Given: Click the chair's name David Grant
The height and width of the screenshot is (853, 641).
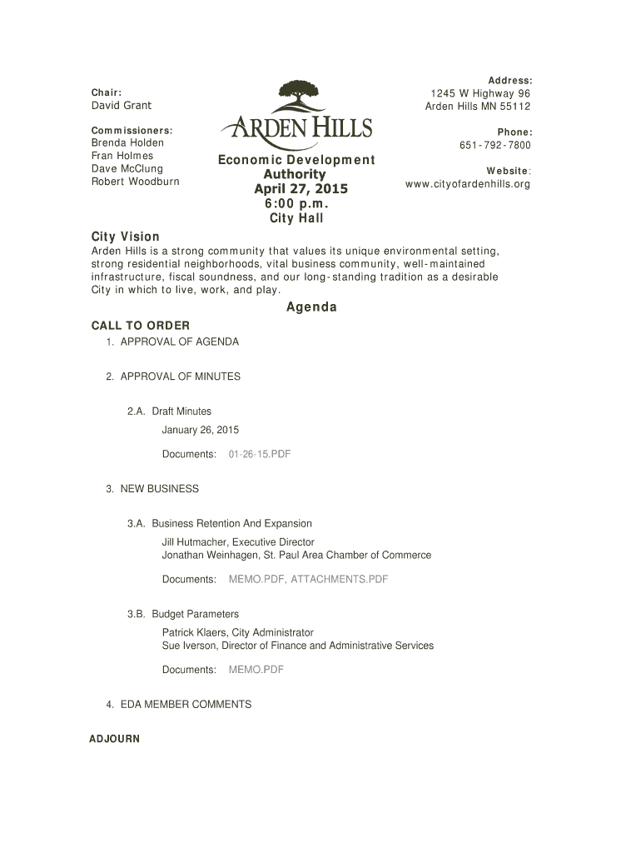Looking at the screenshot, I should coord(122,106).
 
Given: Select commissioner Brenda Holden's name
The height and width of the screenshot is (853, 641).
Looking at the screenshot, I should coord(127,143).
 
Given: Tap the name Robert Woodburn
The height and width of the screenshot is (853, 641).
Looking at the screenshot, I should coord(135,181).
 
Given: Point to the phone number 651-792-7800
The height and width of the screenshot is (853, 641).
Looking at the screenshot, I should coord(494,146).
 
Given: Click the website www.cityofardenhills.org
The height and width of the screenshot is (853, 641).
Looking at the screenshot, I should coord(467,184).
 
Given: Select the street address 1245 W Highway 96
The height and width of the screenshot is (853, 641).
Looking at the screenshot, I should coord(480,93).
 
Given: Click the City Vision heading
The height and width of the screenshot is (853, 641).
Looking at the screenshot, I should coord(125,237).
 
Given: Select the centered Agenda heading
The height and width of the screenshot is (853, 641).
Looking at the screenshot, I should coord(311,307).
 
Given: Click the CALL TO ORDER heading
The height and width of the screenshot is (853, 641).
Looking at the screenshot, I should coord(140,325).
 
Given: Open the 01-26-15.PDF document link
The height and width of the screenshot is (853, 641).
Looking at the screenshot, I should coord(259,454).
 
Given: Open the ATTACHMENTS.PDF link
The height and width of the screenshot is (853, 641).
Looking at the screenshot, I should coord(339,579).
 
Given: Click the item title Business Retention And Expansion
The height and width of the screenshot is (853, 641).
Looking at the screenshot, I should coord(231,524).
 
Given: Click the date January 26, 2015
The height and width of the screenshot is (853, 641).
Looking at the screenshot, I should coord(200,430).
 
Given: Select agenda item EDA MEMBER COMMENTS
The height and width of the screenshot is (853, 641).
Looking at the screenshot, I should coord(186,705).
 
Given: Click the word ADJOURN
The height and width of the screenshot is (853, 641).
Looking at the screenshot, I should coord(114,739).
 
